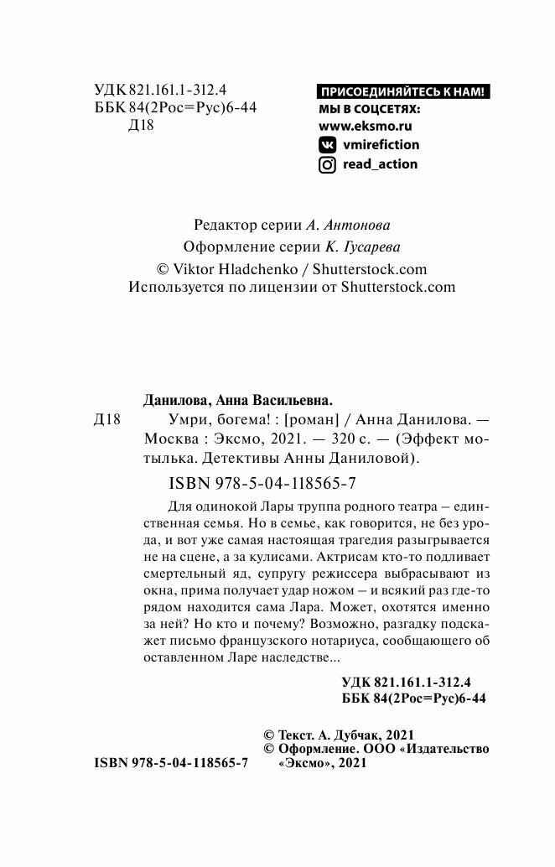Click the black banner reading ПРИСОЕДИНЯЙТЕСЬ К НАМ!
[402, 92]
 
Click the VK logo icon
[328, 144]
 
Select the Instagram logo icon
[328, 164]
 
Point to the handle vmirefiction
[381, 144]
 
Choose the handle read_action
[380, 164]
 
